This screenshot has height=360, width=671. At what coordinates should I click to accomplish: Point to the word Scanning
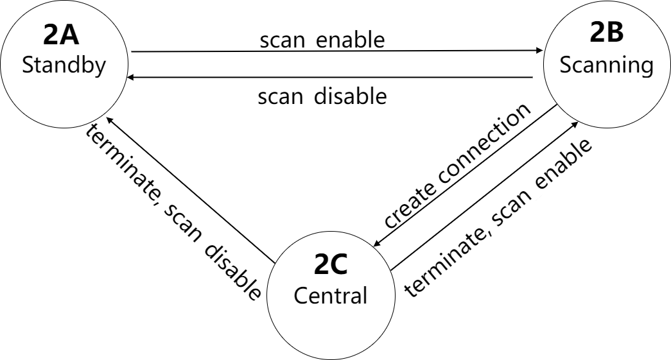pyautogui.click(x=606, y=66)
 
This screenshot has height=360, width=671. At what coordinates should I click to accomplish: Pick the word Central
pyautogui.click(x=329, y=296)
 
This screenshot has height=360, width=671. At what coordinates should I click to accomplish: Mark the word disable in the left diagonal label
pyautogui.click(x=237, y=270)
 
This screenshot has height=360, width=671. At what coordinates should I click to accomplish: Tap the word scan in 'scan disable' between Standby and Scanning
pyautogui.click(x=283, y=98)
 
